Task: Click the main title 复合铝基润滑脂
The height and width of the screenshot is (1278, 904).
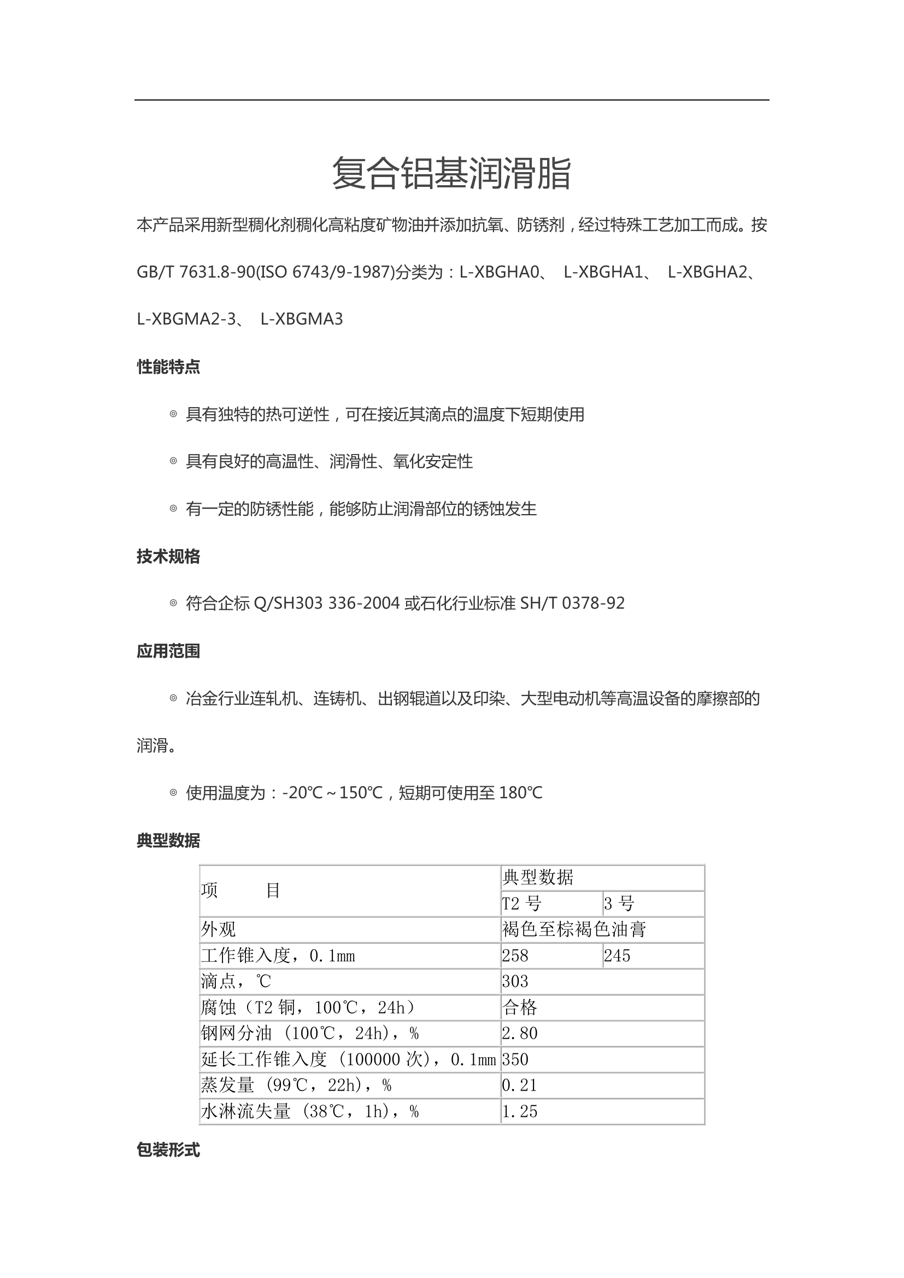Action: tap(451, 173)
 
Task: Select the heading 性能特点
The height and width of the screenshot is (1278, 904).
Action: tap(168, 367)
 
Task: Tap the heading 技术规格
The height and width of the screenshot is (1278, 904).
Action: tap(168, 556)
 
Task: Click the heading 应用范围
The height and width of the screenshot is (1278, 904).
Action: tap(168, 651)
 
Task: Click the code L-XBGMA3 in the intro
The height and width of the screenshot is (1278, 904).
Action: tap(302, 319)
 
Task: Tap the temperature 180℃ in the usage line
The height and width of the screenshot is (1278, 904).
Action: tap(521, 793)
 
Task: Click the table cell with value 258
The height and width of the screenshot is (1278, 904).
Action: tap(515, 956)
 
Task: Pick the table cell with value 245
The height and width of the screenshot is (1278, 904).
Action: tap(617, 956)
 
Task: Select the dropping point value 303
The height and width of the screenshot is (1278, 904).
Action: tap(515, 981)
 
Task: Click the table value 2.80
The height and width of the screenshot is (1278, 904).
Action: tap(520, 1033)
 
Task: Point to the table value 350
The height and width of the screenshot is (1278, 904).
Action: tap(515, 1059)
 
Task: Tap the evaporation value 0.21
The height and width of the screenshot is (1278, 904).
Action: tap(520, 1085)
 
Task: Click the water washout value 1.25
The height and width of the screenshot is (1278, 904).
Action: tap(520, 1111)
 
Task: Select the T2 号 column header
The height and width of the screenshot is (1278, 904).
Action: tap(521, 903)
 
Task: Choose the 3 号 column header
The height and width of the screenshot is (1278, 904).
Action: tap(619, 903)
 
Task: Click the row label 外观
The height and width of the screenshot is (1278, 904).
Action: tap(218, 929)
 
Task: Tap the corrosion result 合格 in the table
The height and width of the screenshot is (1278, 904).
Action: tap(520, 1008)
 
